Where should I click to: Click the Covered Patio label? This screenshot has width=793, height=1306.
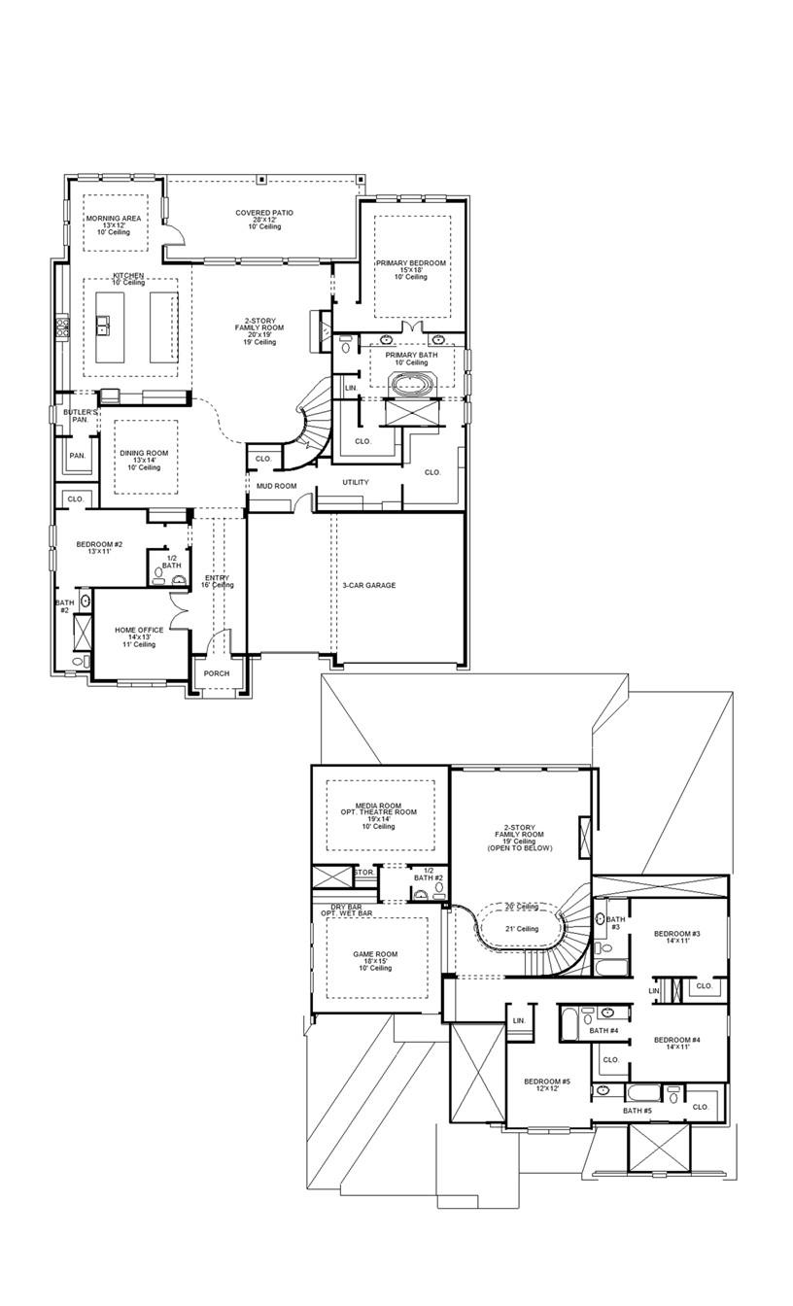pyautogui.click(x=263, y=213)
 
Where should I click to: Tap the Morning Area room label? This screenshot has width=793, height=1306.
pyautogui.click(x=113, y=219)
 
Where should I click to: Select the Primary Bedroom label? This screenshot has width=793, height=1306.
pyautogui.click(x=411, y=263)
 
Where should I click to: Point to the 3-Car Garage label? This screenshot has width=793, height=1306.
pyautogui.click(x=368, y=585)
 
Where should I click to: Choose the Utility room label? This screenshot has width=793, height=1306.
pyautogui.click(x=355, y=482)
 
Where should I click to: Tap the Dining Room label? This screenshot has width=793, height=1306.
pyautogui.click(x=144, y=453)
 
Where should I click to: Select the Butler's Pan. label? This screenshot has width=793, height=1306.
pyautogui.click(x=82, y=416)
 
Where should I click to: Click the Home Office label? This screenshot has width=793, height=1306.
pyautogui.click(x=139, y=630)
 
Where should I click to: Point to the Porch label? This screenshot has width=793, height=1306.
pyautogui.click(x=217, y=673)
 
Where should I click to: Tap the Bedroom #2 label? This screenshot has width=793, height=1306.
pyautogui.click(x=99, y=544)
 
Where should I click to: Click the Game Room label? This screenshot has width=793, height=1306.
pyautogui.click(x=374, y=954)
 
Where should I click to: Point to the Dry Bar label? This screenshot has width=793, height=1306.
pyautogui.click(x=339, y=907)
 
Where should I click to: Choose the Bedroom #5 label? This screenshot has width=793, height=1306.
pyautogui.click(x=547, y=1082)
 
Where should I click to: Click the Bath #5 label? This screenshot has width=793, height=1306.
pyautogui.click(x=638, y=1111)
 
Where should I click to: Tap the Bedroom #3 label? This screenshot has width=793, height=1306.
pyautogui.click(x=677, y=934)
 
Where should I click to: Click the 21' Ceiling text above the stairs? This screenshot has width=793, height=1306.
pyautogui.click(x=521, y=929)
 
